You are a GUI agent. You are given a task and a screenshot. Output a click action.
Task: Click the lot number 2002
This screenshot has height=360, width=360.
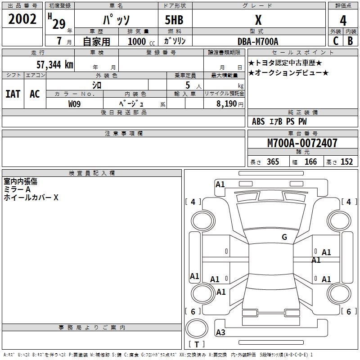pyautogui.click(x=22, y=19)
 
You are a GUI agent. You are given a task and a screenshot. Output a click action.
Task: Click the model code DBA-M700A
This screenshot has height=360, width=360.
pyautogui.click(x=258, y=41)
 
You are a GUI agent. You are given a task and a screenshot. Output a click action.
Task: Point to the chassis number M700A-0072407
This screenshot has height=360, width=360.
pyautogui.click(x=302, y=144)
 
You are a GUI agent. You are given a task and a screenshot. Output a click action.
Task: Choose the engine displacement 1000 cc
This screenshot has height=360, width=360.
pyautogui.click(x=141, y=41)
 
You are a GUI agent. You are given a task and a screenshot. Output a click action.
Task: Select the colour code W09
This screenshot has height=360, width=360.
pyautogui.click(x=75, y=103)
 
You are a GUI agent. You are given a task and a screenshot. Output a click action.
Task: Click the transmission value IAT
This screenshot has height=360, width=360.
pyautogui.click(x=13, y=94)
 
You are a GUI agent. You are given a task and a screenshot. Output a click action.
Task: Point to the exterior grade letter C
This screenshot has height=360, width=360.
pyautogui.click(x=335, y=40)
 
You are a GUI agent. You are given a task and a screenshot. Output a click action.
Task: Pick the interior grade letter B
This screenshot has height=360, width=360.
pyautogui.click(x=350, y=40)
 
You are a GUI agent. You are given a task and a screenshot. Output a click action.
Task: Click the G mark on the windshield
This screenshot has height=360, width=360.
pyautogui.click(x=284, y=237)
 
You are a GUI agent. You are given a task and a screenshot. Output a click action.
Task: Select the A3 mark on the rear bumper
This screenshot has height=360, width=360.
pyautogui.click(x=220, y=333)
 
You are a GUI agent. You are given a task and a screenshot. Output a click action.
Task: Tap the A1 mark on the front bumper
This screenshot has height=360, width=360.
pyautogui.click(x=220, y=184)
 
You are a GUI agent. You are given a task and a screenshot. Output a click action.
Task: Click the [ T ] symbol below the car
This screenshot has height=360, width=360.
pyautogui.click(x=197, y=344)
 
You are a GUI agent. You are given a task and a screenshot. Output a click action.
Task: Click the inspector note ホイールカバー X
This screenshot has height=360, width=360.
pyautogui.click(x=31, y=197)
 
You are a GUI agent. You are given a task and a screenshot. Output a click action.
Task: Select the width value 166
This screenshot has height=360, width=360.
pyautogui.click(x=311, y=162)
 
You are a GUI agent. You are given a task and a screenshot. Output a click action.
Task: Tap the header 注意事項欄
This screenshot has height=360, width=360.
pyautogui.click(x=123, y=134)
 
